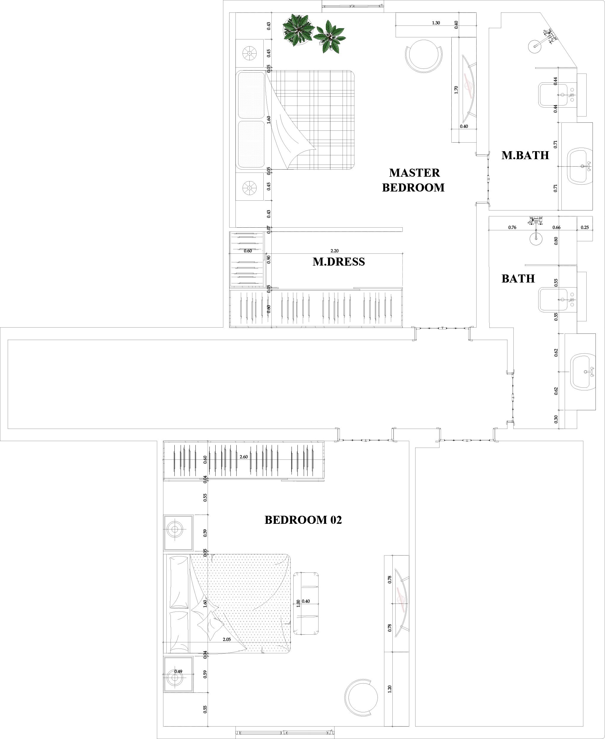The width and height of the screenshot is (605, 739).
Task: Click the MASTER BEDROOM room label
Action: click(413, 180)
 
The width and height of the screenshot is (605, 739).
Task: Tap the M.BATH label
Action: click(525, 155)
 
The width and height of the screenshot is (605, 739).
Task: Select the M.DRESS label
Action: click(339, 261)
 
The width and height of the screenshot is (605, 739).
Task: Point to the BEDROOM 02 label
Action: click(303, 520)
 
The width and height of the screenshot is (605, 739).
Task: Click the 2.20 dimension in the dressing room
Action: click(334, 251)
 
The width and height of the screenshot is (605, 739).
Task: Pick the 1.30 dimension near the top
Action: click(436, 23)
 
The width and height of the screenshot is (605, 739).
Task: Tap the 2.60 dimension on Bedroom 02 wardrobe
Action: click(243, 457)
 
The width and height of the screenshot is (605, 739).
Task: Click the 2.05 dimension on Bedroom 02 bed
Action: click(227, 639)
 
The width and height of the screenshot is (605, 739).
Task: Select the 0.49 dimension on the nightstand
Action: click(178, 671)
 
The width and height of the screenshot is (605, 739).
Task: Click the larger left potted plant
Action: click(298, 30)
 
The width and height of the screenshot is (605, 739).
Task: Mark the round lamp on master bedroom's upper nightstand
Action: click(249, 53)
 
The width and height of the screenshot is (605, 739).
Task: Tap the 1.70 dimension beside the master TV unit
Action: click(456, 90)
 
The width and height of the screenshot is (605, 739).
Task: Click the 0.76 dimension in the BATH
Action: click(512, 227)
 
